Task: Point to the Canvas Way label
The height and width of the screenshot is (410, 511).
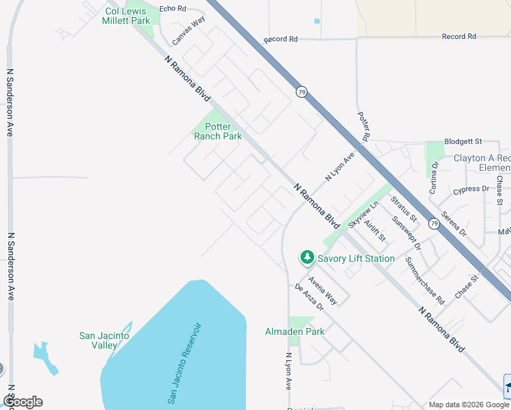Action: (189, 31)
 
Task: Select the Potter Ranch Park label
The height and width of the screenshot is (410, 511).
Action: (218, 131)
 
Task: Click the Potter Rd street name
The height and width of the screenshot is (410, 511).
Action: (363, 127)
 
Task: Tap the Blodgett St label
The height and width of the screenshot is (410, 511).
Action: (463, 141)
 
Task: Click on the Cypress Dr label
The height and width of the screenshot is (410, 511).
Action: (471, 189)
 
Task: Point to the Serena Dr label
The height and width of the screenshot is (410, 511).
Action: (454, 223)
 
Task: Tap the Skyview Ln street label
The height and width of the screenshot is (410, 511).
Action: (363, 215)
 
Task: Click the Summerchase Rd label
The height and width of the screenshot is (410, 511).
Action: (424, 280)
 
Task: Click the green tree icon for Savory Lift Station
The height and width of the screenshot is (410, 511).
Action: (307, 258)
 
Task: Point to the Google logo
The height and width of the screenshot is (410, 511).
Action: (23, 402)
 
